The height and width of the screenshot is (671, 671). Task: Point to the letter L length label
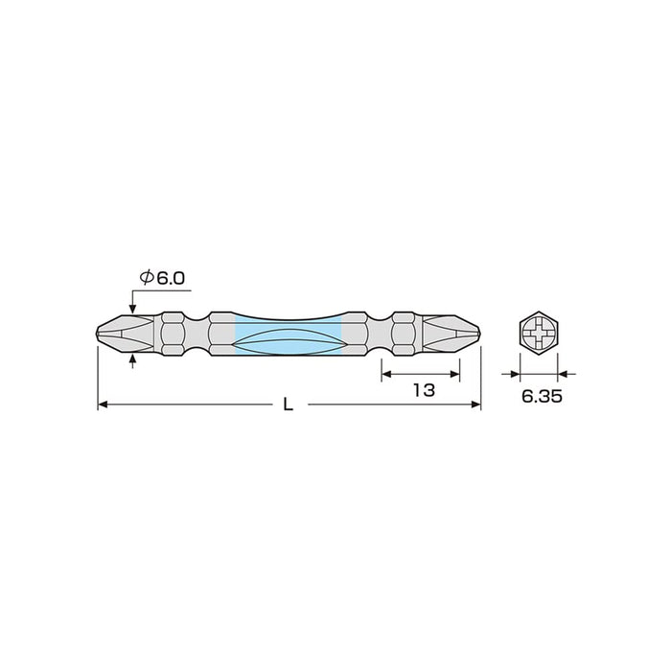288,405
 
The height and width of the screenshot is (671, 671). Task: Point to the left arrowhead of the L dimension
104,405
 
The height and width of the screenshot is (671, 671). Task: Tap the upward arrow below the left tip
131,359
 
